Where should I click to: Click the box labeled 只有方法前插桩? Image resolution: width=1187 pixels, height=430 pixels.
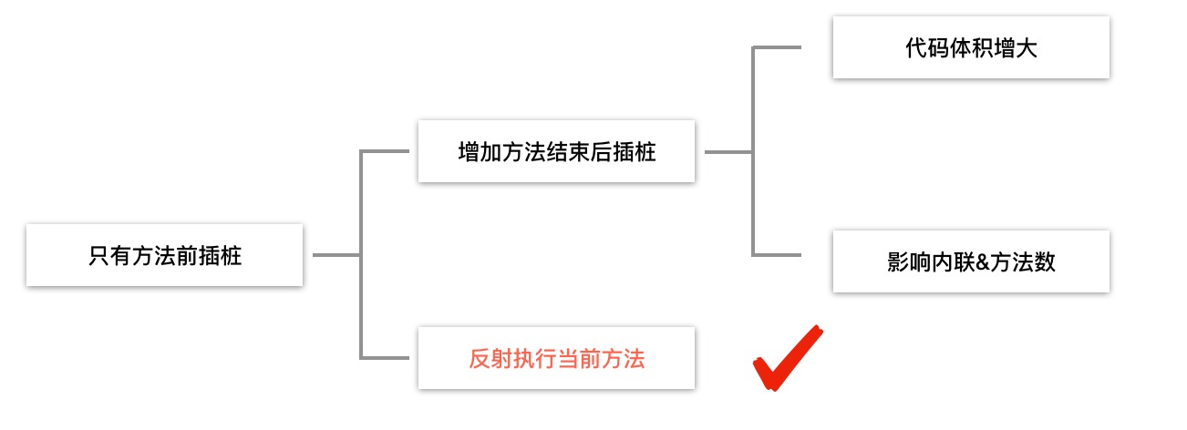pos(164,255)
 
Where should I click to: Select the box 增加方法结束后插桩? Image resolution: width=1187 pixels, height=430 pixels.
pos(556,151)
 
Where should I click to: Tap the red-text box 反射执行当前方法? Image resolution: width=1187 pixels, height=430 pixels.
pos(556,358)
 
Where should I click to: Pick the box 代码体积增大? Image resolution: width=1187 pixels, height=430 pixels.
pos(971,47)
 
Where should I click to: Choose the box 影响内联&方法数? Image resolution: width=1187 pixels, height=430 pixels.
pos(971,261)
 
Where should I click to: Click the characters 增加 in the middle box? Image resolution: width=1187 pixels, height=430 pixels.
pos(480,152)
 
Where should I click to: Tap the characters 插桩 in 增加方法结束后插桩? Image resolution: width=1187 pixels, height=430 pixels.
pos(634,152)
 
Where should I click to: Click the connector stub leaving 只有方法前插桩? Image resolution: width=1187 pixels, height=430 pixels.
pos(335,255)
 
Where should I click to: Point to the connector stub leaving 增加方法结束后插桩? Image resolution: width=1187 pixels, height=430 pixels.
pos(728,152)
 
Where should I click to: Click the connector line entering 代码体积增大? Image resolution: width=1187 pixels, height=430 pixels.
pos(777,47)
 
